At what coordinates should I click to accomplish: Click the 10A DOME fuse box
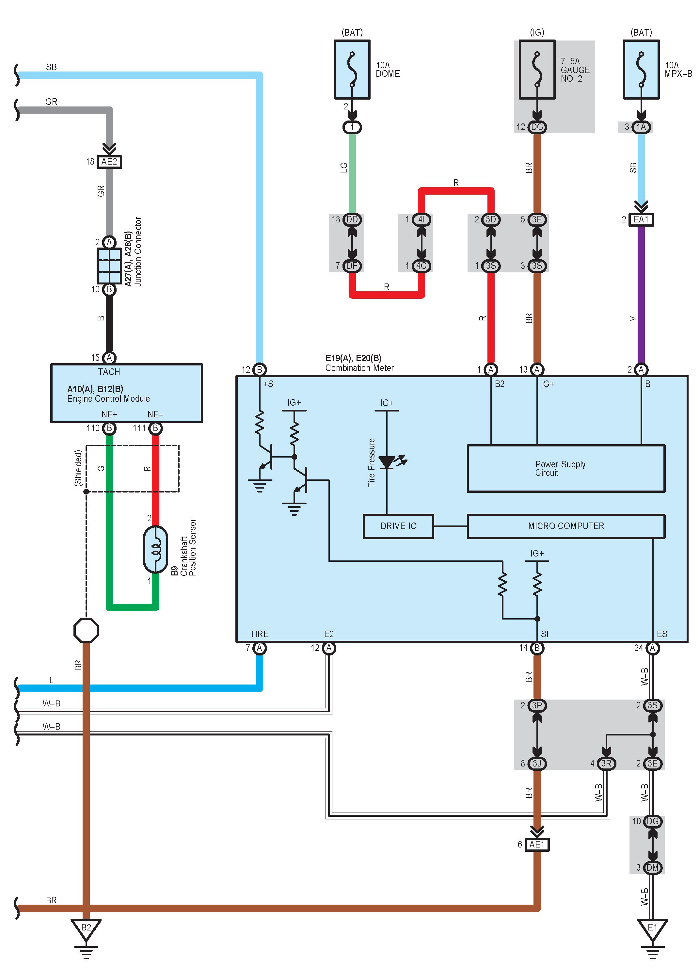pyautogui.click(x=352, y=70)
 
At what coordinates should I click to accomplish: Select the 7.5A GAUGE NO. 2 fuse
pyautogui.click(x=537, y=70)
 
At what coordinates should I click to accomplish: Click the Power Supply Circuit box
pyautogui.click(x=565, y=468)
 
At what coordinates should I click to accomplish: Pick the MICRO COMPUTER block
pyautogui.click(x=565, y=526)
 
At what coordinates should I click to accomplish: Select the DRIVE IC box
pyautogui.click(x=398, y=526)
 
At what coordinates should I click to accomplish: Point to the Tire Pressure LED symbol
pyautogui.click(x=387, y=462)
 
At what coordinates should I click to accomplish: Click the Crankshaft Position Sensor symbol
pyautogui.click(x=155, y=549)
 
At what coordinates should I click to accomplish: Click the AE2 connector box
pyautogui.click(x=109, y=162)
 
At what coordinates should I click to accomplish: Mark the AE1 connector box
pyautogui.click(x=537, y=844)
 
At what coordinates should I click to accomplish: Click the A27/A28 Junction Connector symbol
pyautogui.click(x=109, y=266)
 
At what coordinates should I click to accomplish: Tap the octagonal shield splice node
pyautogui.click(x=86, y=630)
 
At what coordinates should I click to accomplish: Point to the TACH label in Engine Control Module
pyautogui.click(x=109, y=372)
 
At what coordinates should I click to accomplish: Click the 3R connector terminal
pyautogui.click(x=606, y=764)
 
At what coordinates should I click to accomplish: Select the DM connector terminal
pyautogui.click(x=652, y=867)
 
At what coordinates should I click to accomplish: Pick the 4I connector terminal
pyautogui.click(x=422, y=219)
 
